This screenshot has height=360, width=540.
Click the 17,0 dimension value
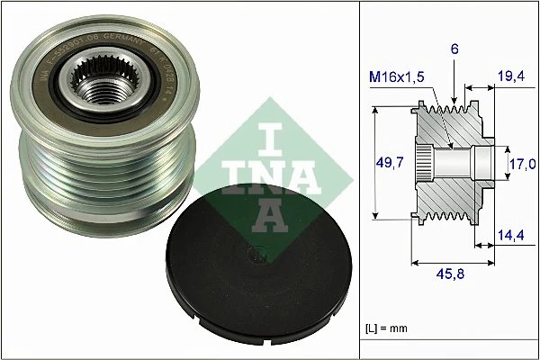523,164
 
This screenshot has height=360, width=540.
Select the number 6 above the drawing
454,51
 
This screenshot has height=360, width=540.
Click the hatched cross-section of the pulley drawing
450,193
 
